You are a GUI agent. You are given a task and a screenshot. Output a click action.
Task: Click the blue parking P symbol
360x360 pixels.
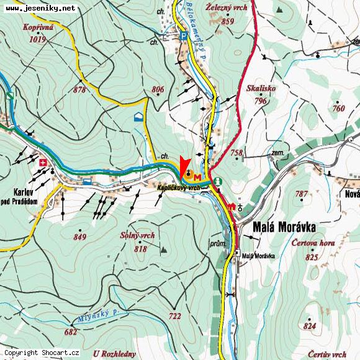(183, 36)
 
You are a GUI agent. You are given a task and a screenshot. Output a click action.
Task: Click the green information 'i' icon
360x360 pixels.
(218, 181)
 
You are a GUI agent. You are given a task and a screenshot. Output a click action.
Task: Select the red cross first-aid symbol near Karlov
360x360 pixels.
(43, 163)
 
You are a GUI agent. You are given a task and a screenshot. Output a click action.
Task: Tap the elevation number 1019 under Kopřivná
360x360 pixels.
(37, 39)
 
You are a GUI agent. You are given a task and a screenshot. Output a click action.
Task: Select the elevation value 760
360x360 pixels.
(338, 109)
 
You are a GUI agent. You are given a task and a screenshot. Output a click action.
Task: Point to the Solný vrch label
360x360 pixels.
(138, 236)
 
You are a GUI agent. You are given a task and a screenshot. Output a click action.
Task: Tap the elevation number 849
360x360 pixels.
(79, 236)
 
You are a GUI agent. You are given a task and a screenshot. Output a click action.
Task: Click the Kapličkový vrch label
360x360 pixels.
(178, 187)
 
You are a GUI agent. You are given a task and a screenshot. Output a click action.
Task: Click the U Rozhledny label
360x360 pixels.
(114, 353)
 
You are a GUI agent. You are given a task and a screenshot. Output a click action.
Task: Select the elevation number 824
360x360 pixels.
(310, 326)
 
